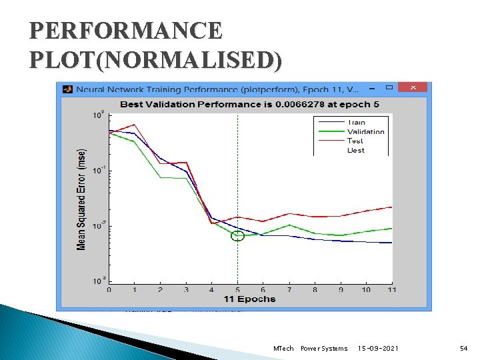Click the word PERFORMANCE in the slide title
click(126, 31)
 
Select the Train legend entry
click(355, 123)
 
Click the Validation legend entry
click(365, 132)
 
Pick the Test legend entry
click(355, 141)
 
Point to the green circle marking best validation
click(238, 235)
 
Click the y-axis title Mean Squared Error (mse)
click(81, 199)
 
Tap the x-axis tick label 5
click(238, 290)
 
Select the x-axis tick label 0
click(109, 290)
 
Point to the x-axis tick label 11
click(391, 290)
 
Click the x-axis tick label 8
click(315, 290)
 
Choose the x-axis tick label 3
click(186, 290)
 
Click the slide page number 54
click(463, 349)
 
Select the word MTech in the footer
click(284, 349)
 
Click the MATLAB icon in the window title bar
click(67, 88)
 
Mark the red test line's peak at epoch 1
click(135, 125)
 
